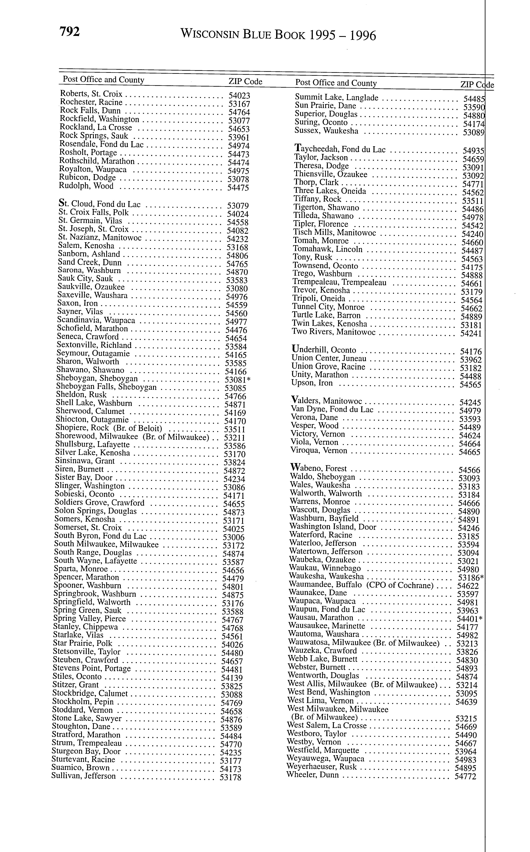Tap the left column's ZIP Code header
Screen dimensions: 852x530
[x=245, y=82]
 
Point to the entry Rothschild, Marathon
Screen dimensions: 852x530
[x=97, y=161]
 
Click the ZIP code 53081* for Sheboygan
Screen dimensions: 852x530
[x=237, y=380]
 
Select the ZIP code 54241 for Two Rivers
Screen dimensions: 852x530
[x=471, y=333]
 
